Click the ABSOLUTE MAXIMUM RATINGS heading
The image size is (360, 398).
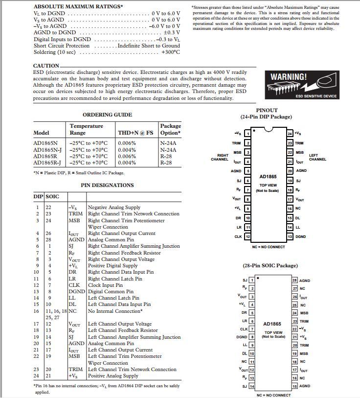[x=78, y=6]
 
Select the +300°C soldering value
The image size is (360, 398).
[x=170, y=52]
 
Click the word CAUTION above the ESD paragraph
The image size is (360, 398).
[x=46, y=66]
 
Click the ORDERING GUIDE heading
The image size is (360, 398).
[x=107, y=115]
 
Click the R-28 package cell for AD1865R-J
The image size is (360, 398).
[x=166, y=163]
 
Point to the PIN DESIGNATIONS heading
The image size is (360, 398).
[x=107, y=185]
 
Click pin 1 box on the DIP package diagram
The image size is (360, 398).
[x=248, y=134]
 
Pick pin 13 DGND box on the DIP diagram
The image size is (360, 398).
[x=290, y=236]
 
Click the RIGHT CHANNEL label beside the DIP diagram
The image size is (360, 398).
[x=220, y=157]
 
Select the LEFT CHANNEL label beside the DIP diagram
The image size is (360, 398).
[x=317, y=157]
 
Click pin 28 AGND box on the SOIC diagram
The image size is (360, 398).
[x=294, y=281]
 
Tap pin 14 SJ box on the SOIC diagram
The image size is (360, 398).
[x=251, y=386]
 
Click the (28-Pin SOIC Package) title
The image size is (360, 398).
[x=270, y=265]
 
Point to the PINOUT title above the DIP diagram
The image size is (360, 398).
[x=267, y=110]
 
